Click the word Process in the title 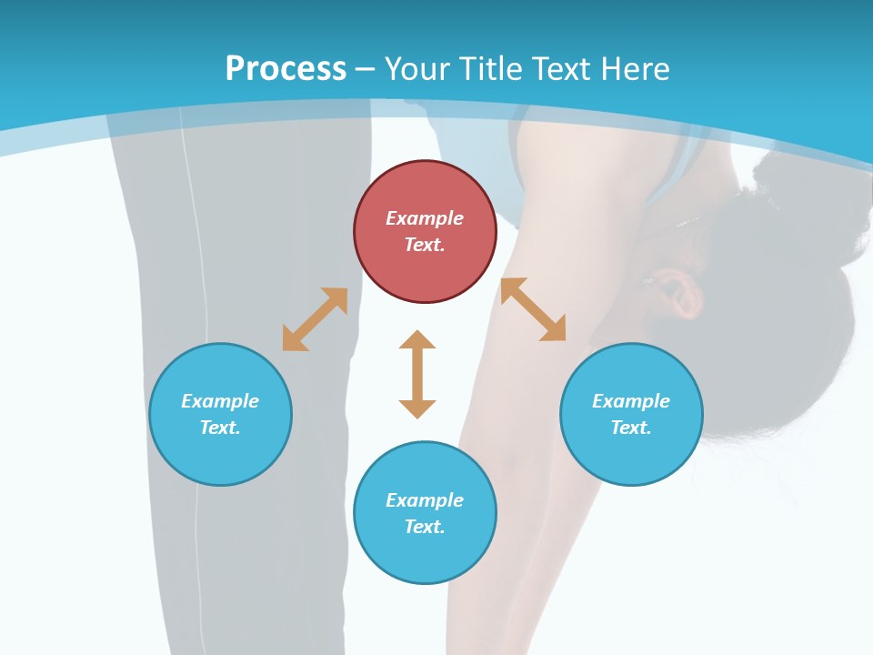pos(286,69)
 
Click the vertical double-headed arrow pos(417,374)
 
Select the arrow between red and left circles pos(315,319)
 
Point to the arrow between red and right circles pos(533,309)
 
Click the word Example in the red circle pos(425,218)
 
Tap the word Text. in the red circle pos(425,245)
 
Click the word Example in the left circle pos(220,401)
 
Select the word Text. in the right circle pos(631,428)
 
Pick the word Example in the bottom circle pos(425,500)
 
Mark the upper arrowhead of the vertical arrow pos(417,340)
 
